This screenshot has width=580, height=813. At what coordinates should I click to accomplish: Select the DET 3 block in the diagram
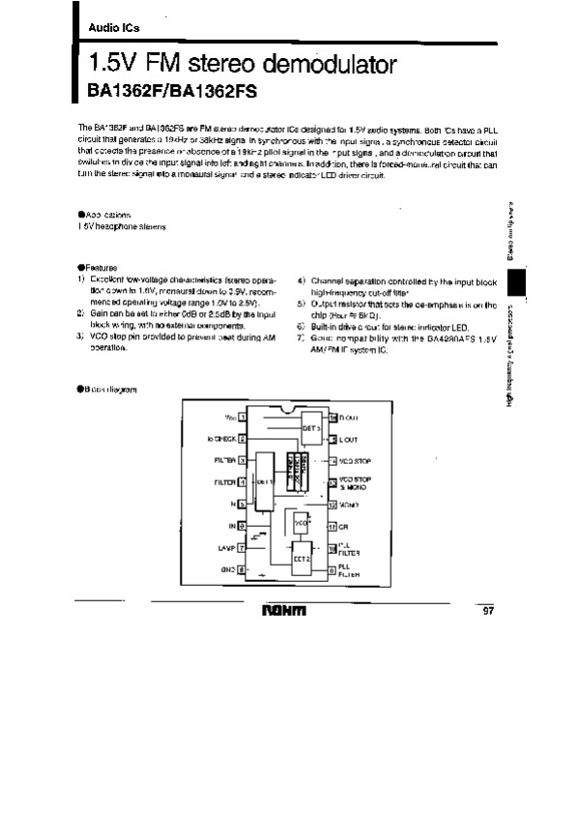[310, 426]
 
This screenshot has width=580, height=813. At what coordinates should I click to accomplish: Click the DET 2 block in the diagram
[301, 558]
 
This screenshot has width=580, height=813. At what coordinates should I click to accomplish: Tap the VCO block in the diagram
[303, 522]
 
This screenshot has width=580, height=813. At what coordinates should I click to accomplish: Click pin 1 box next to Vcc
[242, 418]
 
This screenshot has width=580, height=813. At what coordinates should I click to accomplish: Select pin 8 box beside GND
[242, 570]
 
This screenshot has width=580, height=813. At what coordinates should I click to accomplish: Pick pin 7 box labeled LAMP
[242, 548]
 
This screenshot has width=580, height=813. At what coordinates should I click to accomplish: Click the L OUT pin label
[348, 440]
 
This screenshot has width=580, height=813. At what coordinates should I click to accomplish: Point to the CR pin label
[343, 527]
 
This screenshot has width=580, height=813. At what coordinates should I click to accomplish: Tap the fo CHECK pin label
[221, 440]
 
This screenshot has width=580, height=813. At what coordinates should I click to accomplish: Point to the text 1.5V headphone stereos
[116, 225]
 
